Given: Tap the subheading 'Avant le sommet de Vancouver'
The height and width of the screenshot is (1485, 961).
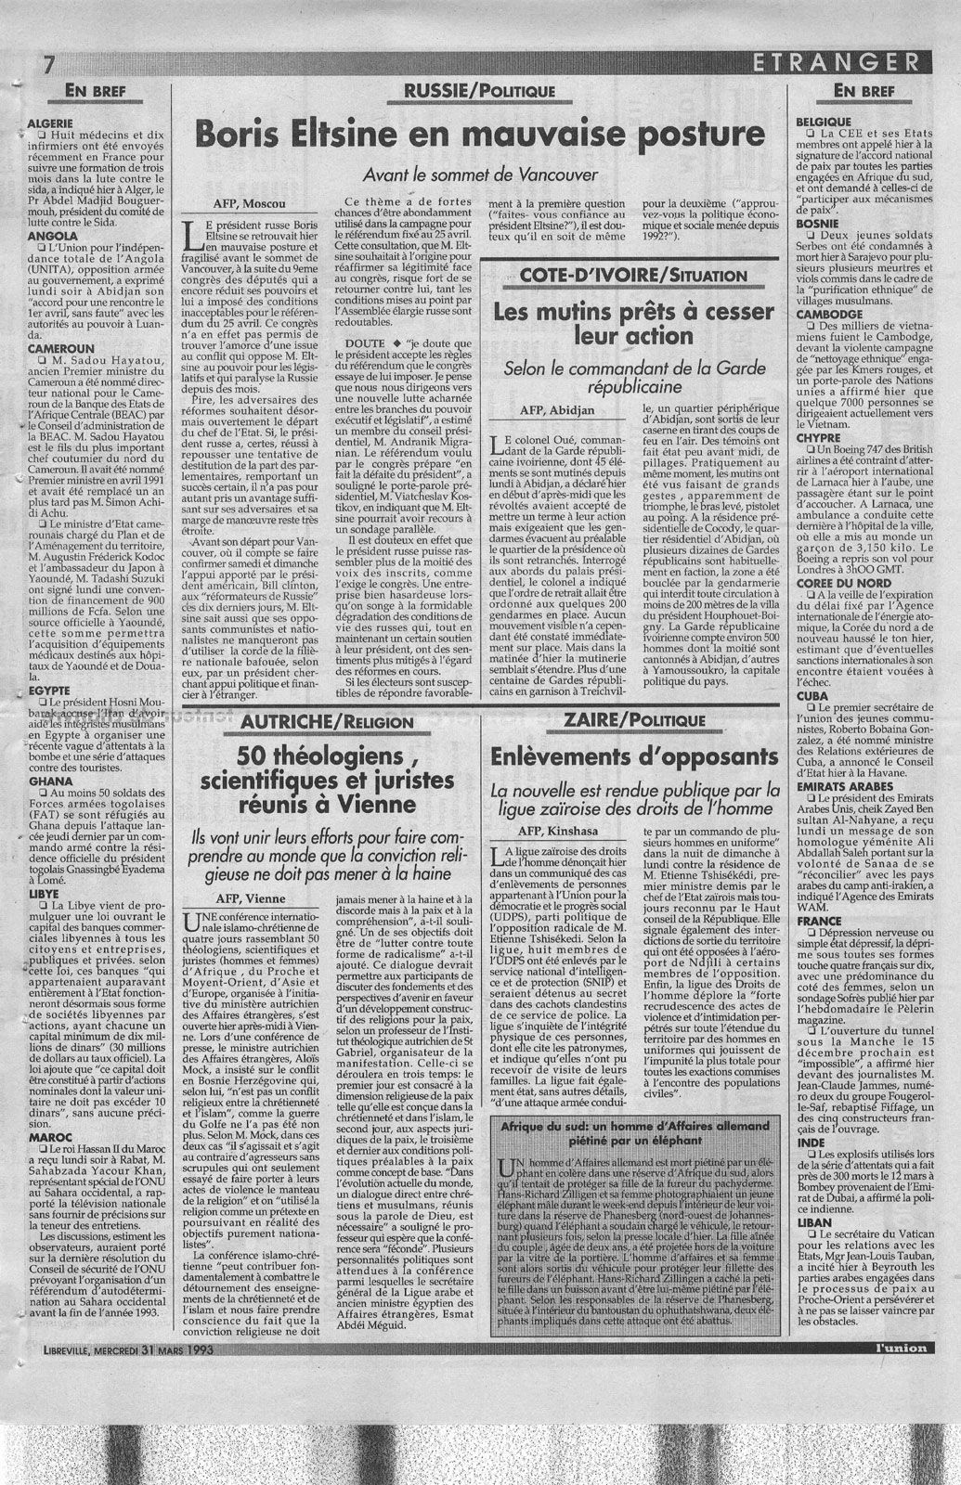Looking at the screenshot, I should [479, 174].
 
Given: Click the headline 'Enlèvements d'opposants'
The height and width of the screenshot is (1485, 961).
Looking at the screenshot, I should [635, 756].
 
